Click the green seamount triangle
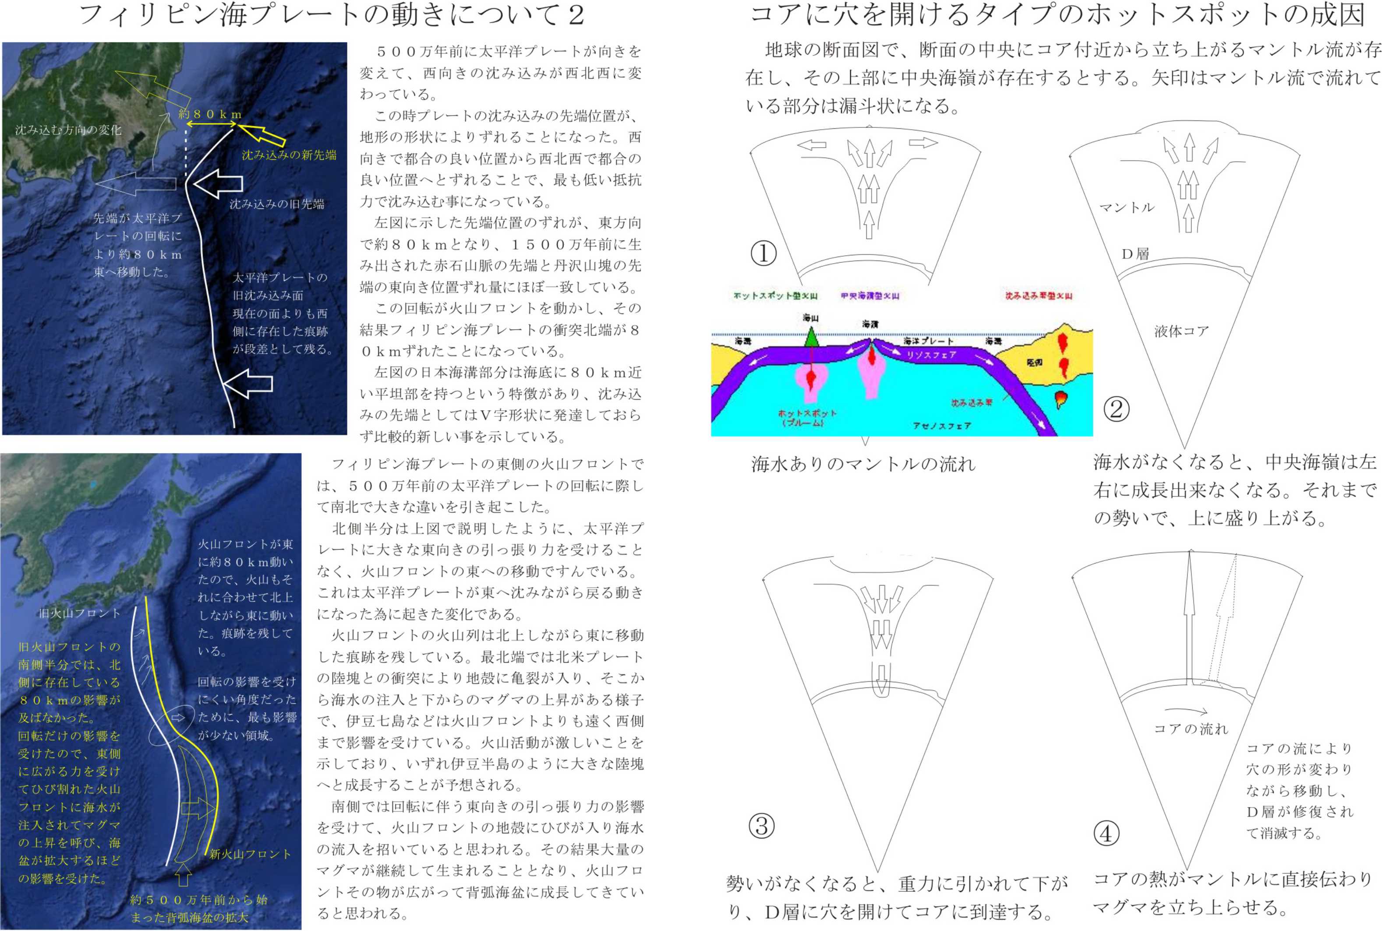tap(811, 336)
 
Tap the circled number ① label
tap(764, 254)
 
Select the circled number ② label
tap(1116, 409)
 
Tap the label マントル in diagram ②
tap(1127, 207)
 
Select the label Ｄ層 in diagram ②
tap(1135, 254)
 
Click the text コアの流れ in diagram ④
tap(1190, 729)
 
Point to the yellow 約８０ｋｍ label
tap(210, 114)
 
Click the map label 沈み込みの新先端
tap(289, 155)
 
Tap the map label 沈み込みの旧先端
tap(277, 204)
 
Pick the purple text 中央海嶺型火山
tap(869, 296)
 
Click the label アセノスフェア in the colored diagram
tap(941, 426)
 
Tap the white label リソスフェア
tap(931, 355)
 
